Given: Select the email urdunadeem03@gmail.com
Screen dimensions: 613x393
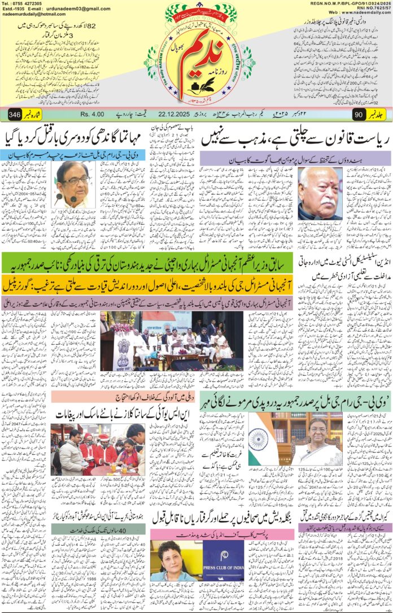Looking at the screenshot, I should tap(75, 9).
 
